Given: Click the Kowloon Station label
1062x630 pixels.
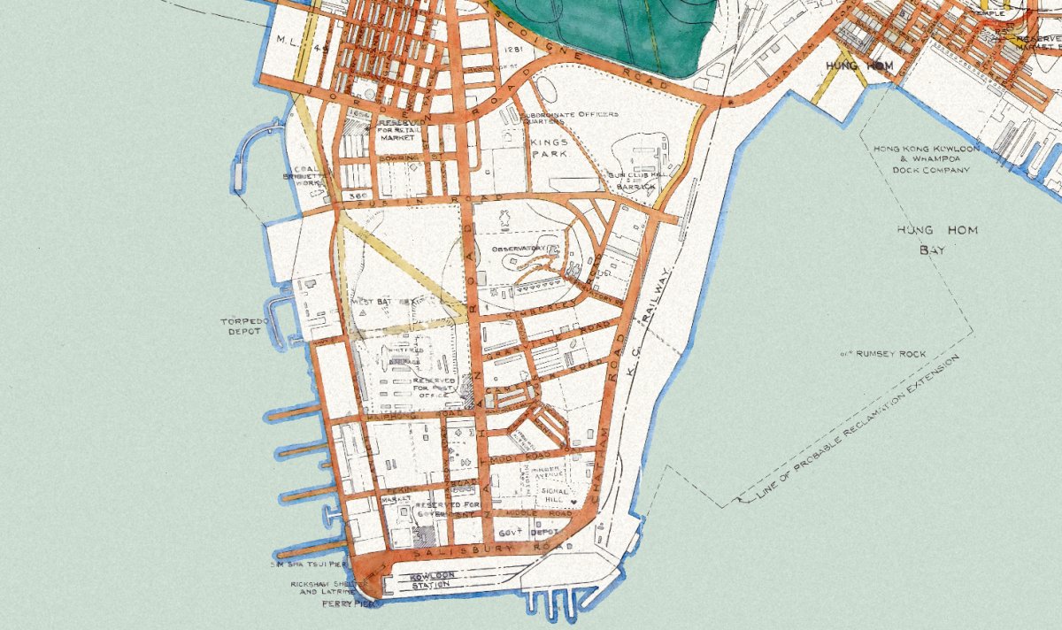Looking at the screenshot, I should click(x=433, y=580).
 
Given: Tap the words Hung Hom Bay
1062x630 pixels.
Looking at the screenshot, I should click(x=925, y=241).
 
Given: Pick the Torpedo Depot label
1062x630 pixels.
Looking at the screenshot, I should click(x=241, y=326).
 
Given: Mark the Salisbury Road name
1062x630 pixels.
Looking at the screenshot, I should click(x=469, y=549).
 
